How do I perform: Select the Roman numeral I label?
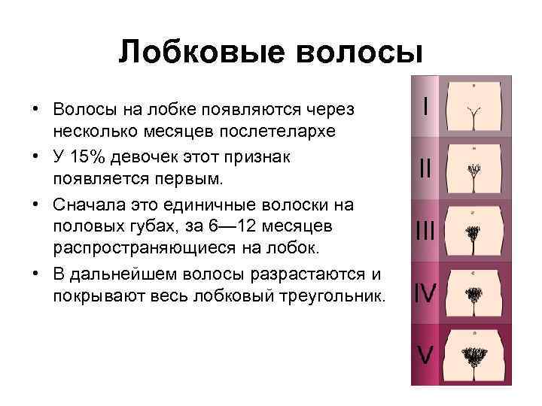(427, 107)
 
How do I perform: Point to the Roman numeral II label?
(426, 168)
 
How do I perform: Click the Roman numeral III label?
(425, 230)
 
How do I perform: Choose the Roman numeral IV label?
(426, 292)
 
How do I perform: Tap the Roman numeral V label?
(426, 353)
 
